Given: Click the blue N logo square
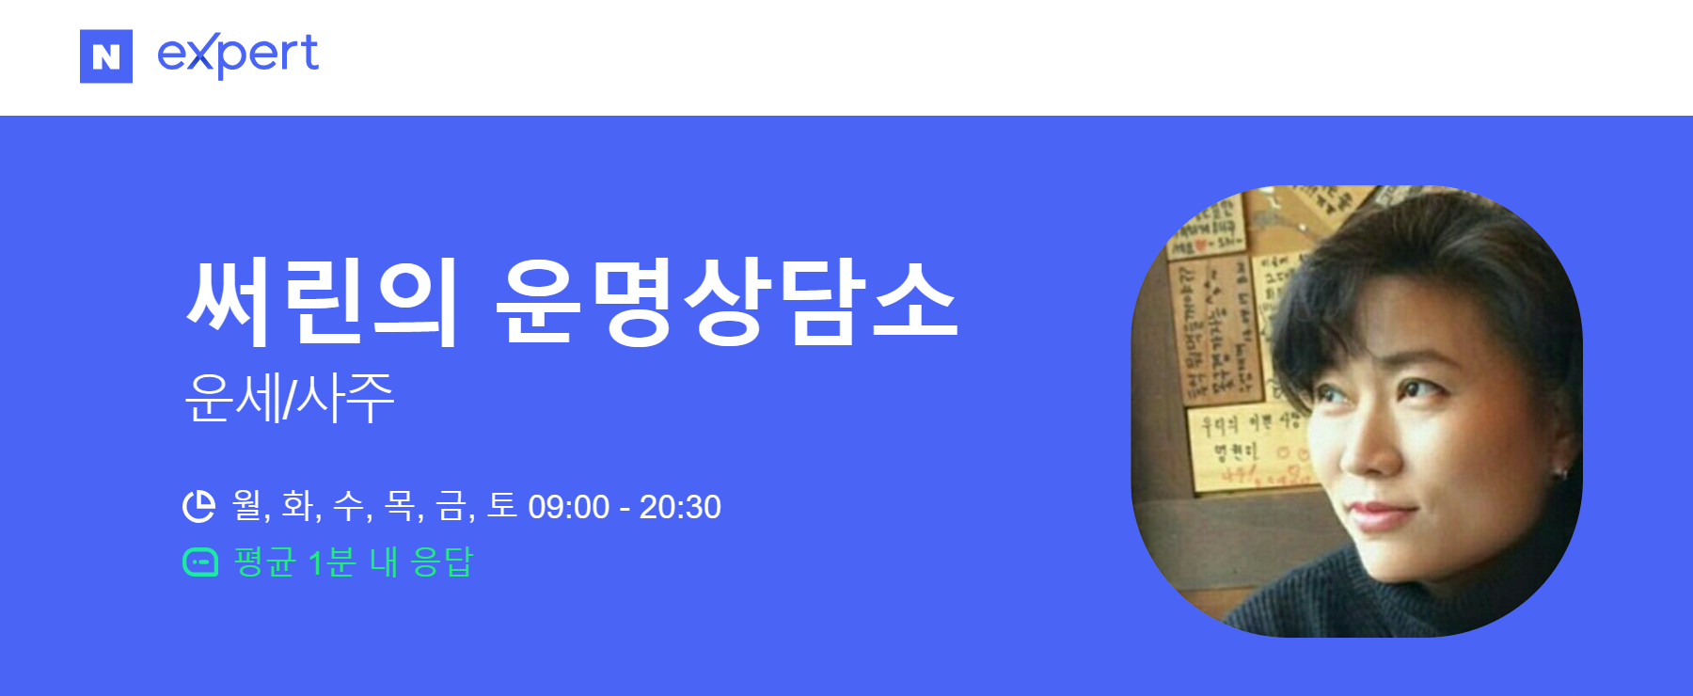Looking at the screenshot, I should point(106,56).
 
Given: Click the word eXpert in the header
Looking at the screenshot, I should point(238,55).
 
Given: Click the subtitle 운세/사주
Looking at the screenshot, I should point(289,399).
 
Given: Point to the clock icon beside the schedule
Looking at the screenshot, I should point(198,506).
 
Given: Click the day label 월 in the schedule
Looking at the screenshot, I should point(246,506).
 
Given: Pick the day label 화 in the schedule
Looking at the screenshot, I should point(297,506).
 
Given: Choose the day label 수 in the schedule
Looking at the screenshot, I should point(348,506).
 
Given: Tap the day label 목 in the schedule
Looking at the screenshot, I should point(400,506).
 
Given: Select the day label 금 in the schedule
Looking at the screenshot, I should point(451,506).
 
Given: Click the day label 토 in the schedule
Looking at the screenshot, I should point(502,506).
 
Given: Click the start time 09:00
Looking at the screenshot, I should point(568,508).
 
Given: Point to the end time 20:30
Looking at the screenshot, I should point(680,508).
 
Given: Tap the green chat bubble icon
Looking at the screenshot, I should point(199,562).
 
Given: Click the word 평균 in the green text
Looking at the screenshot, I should point(265,562).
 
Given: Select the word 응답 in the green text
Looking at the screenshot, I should point(442,562).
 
